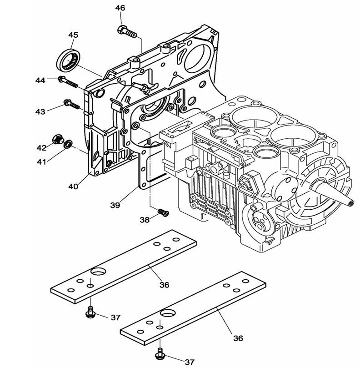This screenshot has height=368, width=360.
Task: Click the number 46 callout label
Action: pos(120,8)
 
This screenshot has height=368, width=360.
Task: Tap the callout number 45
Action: pos(73,35)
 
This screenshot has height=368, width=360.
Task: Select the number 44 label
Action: pos(40,80)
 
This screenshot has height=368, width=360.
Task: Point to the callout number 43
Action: pos(40,111)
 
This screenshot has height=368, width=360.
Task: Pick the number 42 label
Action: pos(41,147)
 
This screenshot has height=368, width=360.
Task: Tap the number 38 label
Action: pos(145,220)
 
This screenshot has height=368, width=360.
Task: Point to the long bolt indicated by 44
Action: pos(68,82)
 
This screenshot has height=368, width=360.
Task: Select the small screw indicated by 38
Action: pos(162,212)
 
